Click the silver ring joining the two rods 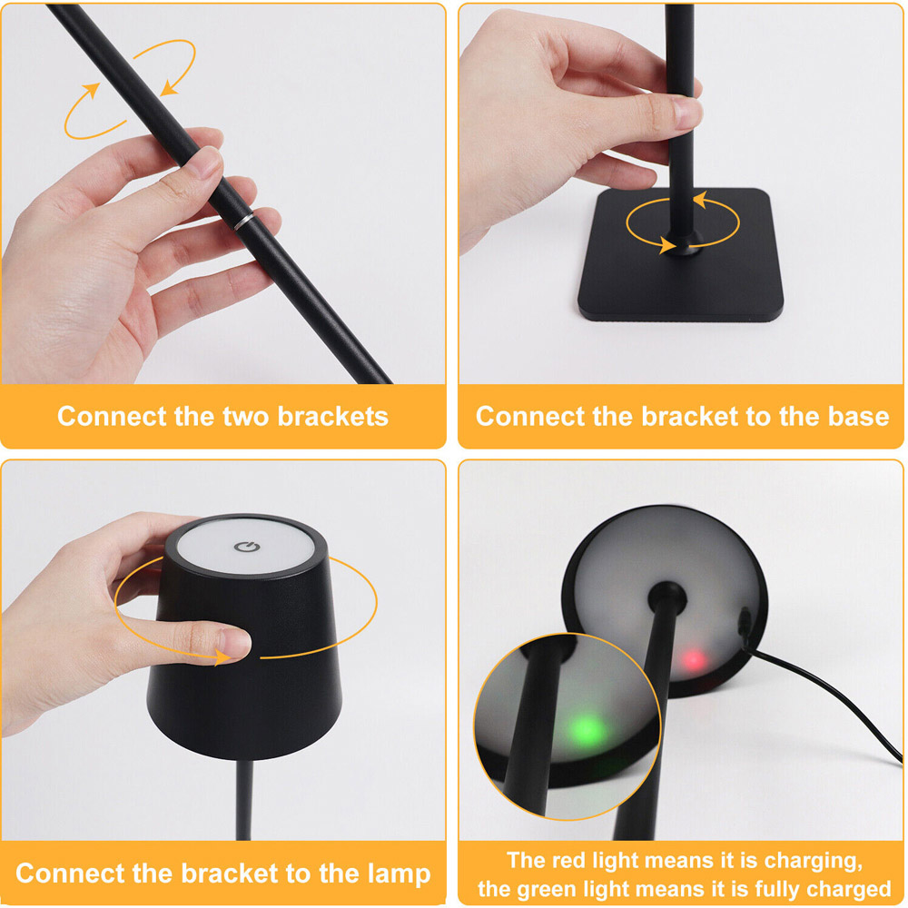(x=243, y=221)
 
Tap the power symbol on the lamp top (x=247, y=547)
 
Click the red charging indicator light (x=694, y=659)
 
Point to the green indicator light (x=586, y=729)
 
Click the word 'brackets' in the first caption (x=333, y=417)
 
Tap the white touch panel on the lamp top (x=246, y=548)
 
